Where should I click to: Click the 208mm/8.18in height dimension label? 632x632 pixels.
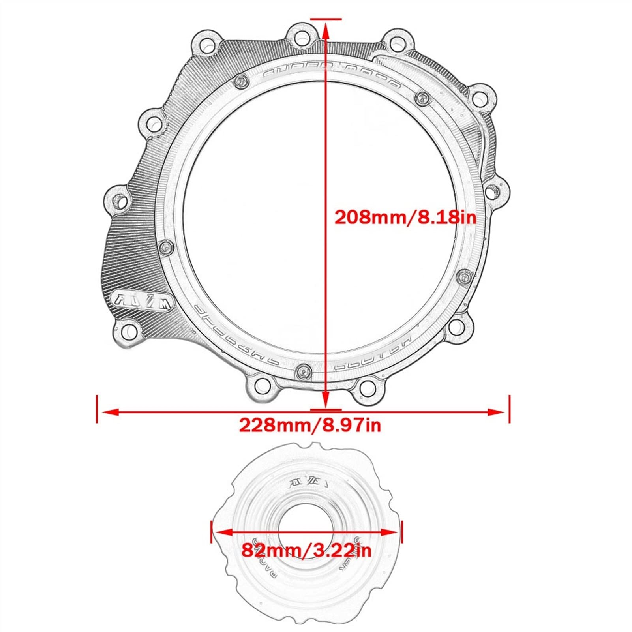(405, 217)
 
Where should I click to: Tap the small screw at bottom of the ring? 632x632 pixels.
(302, 370)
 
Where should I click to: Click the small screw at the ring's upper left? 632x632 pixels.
(240, 82)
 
